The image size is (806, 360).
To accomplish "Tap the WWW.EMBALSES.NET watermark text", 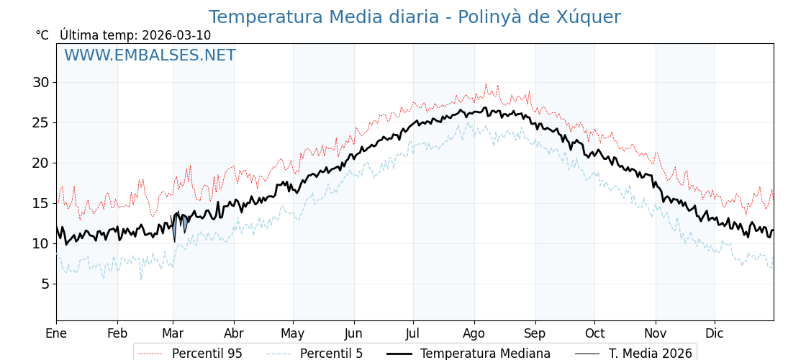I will pyautogui.click(x=150, y=55).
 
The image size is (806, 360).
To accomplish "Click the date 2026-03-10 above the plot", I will pyautogui.click(x=176, y=35).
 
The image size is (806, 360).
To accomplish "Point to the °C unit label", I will pyautogui.click(x=42, y=35).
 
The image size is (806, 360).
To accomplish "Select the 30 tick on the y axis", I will pyautogui.click(x=40, y=82).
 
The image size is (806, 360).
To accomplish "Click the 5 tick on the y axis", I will pyautogui.click(x=45, y=284).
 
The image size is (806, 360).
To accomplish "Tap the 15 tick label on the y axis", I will pyautogui.click(x=40, y=203).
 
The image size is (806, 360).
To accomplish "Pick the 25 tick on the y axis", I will pyautogui.click(x=40, y=122).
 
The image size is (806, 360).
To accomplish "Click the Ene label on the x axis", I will pyautogui.click(x=56, y=333).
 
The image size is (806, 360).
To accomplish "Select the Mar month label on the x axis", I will pyautogui.click(x=173, y=333).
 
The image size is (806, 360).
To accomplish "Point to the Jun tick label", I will pyautogui.click(x=353, y=333).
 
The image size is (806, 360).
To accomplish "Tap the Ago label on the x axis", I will pyautogui.click(x=474, y=333).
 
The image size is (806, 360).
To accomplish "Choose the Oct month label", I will pyautogui.click(x=594, y=333).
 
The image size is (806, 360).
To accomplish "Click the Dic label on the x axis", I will pyautogui.click(x=715, y=333).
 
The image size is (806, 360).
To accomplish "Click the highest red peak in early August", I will pyautogui.click(x=486, y=84).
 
